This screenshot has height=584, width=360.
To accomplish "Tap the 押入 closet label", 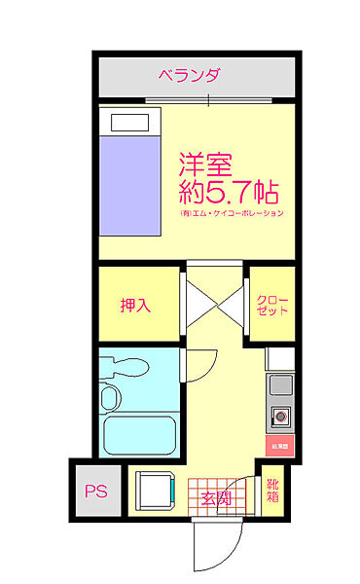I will tap(135, 306).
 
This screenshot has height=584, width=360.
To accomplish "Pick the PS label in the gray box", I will tap(94, 492).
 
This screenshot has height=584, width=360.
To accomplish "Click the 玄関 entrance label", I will tap(215, 498).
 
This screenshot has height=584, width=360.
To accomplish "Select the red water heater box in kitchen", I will tap(279, 446).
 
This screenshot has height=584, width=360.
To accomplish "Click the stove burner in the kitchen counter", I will tap(280, 417).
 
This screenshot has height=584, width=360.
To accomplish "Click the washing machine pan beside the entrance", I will tap(155, 491).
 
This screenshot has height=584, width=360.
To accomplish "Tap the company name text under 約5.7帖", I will tap(231, 213).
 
